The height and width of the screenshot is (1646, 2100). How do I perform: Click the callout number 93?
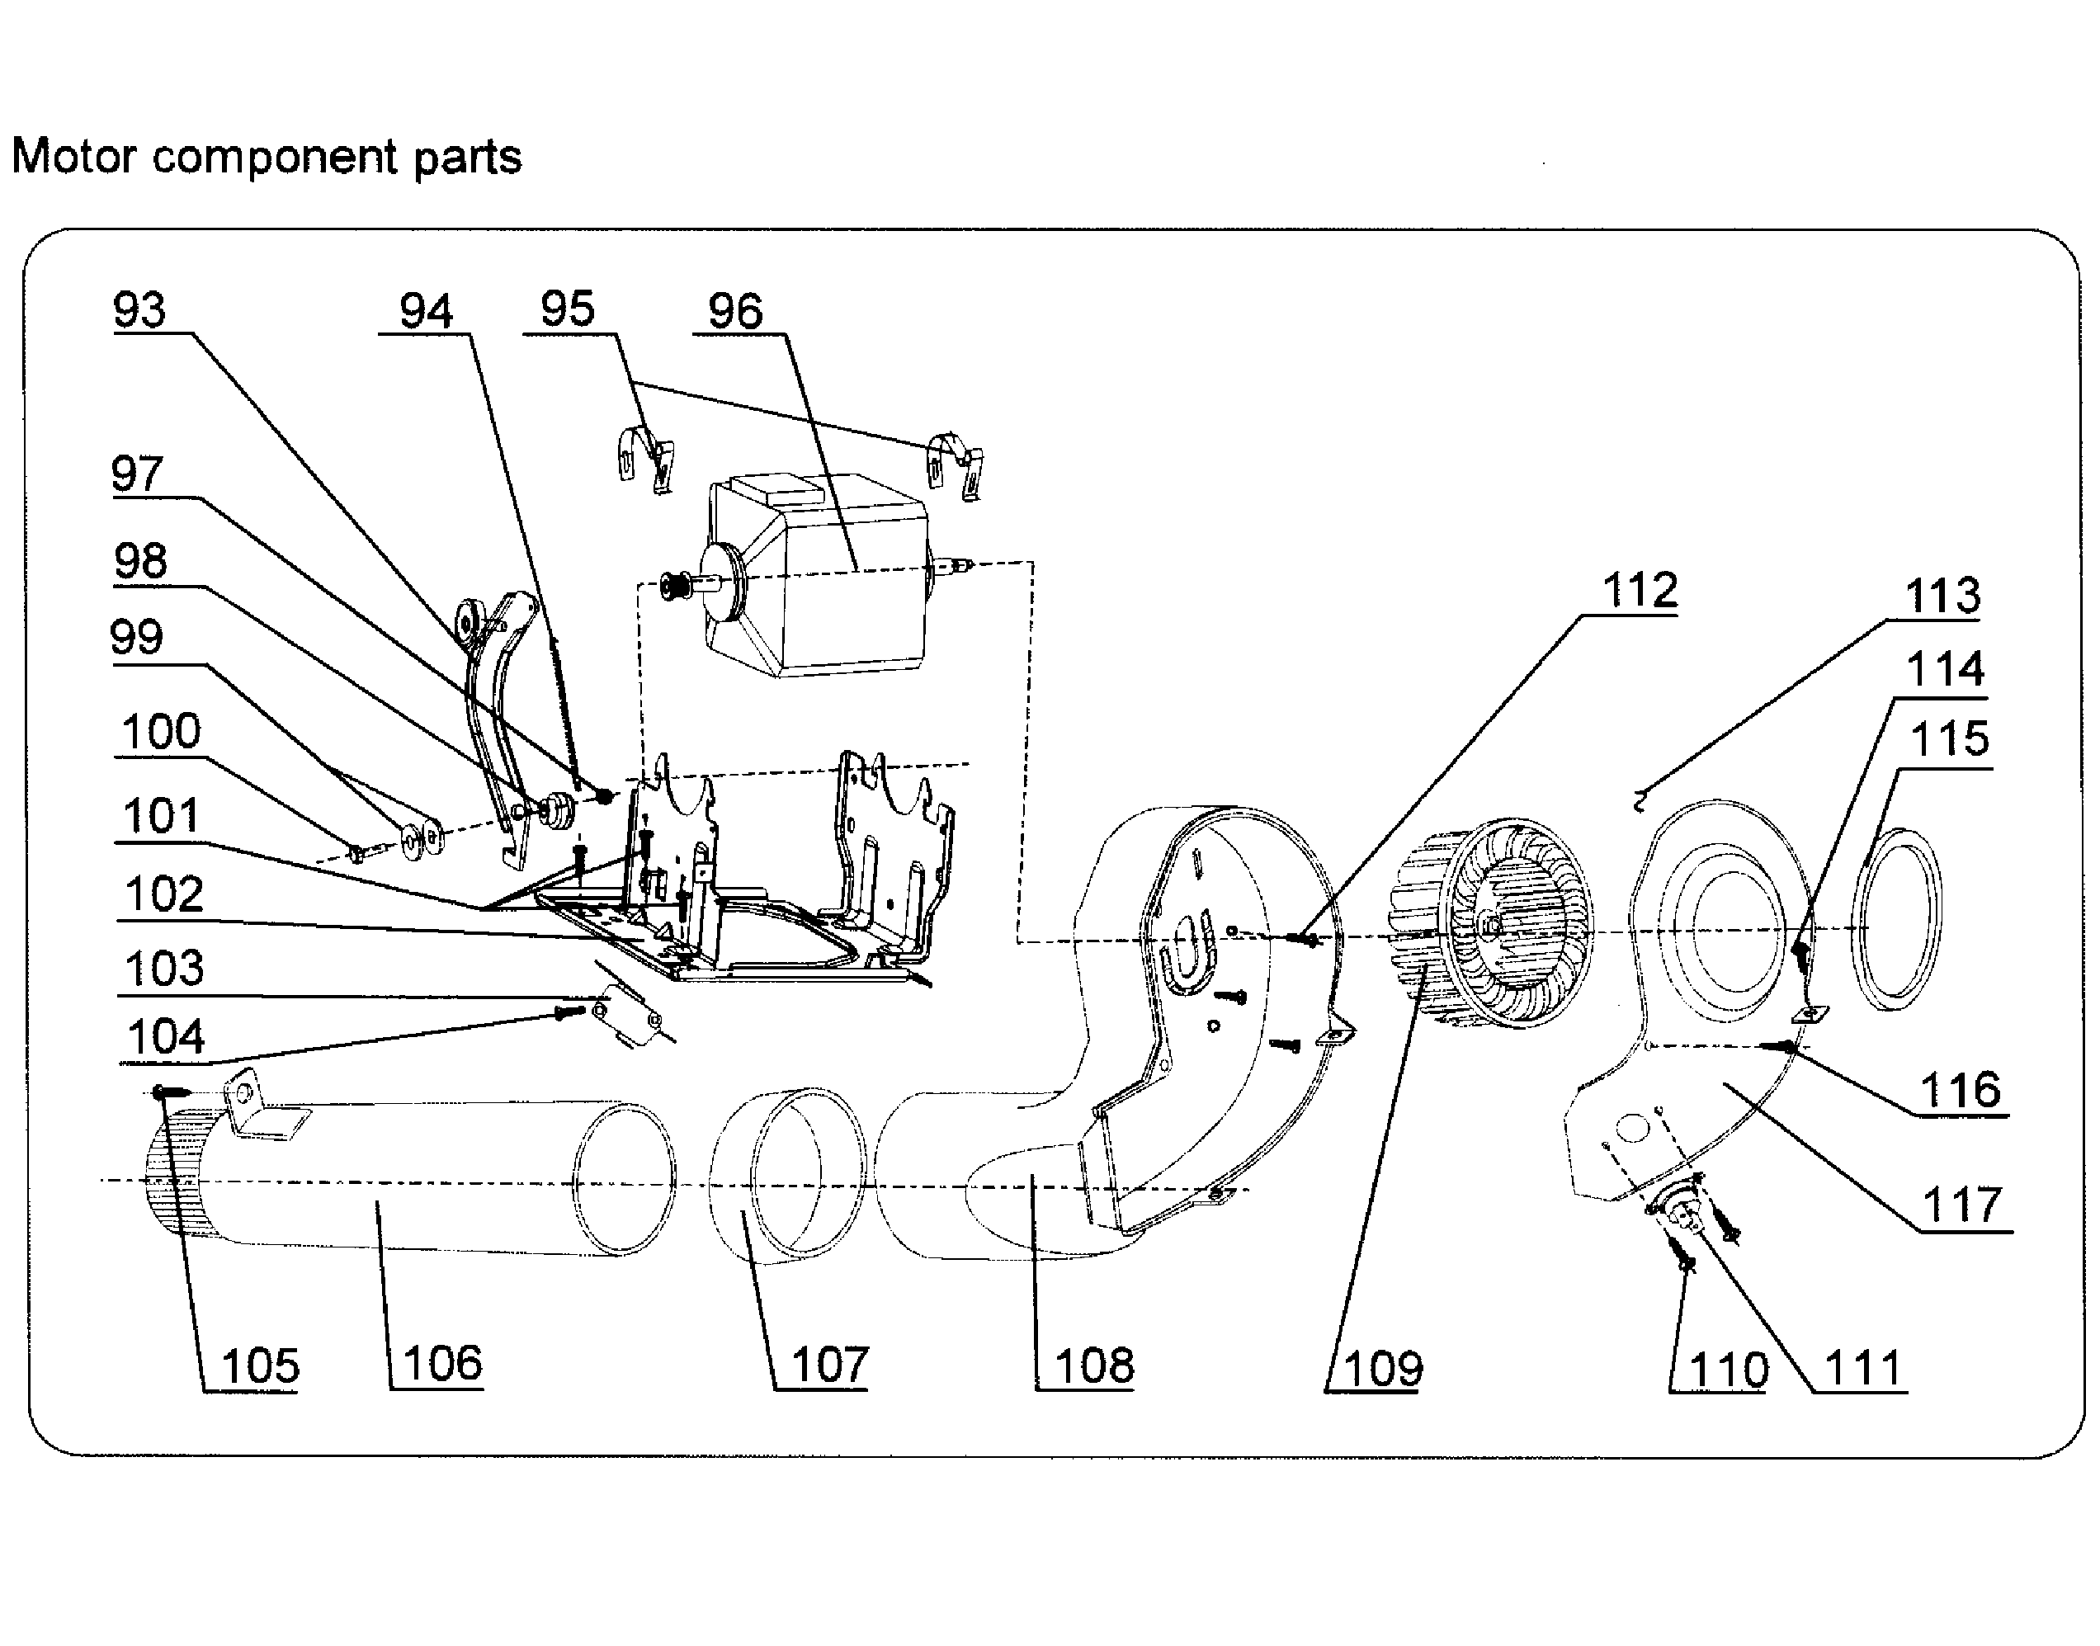139,310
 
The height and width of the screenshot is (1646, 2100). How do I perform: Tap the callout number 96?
735,311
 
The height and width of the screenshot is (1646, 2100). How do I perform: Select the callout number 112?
1640,590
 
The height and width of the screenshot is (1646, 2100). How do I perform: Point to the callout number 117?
1961,1205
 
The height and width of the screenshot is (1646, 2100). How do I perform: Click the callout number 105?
260,1366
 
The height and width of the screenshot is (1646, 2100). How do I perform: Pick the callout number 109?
1382,1369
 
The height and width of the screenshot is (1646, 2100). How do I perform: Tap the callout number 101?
161,816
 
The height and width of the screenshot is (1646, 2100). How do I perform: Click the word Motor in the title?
73,156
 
